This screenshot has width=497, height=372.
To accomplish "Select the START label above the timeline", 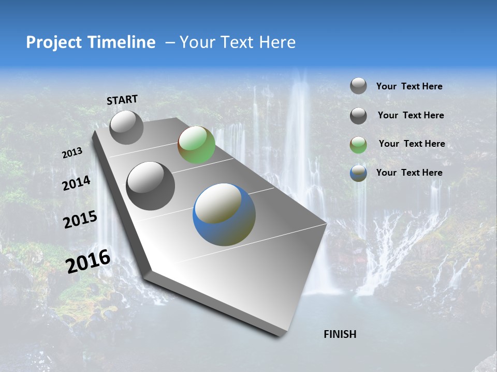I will click(x=122, y=100).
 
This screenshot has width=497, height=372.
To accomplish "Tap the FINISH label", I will click(x=340, y=334).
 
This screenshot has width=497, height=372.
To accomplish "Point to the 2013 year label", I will click(x=72, y=152).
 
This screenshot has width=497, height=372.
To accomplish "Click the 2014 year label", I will click(x=76, y=183).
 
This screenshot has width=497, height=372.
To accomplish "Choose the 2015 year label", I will click(x=80, y=220).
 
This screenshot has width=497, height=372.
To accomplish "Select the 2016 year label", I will click(x=87, y=261).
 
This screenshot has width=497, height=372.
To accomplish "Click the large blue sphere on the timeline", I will click(x=224, y=214).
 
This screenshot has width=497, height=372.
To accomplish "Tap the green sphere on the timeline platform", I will click(x=196, y=145).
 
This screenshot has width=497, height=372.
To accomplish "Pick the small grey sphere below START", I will click(x=126, y=128).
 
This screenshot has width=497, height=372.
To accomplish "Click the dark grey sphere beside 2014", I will click(x=151, y=185).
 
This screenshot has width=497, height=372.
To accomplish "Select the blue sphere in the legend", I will click(x=358, y=173).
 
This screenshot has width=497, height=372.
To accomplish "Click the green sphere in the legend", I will click(x=358, y=145).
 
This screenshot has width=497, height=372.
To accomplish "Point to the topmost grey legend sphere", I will click(x=358, y=86).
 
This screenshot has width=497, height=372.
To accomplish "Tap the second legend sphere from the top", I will click(x=358, y=116).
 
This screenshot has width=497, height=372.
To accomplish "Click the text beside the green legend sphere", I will click(x=412, y=144).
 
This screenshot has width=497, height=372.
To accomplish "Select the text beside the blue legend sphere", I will click(x=409, y=173).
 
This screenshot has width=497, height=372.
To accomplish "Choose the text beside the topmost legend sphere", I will click(x=409, y=86).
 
